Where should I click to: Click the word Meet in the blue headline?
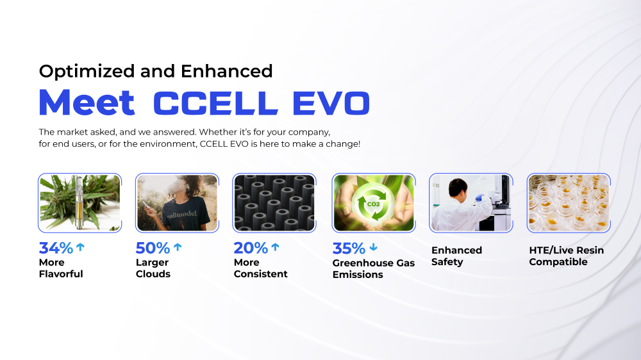coord(87,102)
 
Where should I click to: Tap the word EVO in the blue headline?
coord(331,103)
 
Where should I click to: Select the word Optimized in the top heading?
coord(87,72)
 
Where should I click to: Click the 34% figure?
coord(56,248)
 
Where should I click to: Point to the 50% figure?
coord(153,248)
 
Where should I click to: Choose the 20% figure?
coord(251,248)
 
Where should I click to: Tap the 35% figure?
coord(349,249)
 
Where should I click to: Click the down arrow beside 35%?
coord(374,247)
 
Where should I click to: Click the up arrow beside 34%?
coord(81,247)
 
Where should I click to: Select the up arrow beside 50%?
coord(178,247)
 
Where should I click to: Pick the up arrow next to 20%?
coord(276,247)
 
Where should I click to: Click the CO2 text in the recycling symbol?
coord(373,204)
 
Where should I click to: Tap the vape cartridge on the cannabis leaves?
coord(79,202)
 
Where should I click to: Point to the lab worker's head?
coord(458,188)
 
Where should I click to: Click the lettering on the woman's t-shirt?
coord(182,214)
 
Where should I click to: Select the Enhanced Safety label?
coord(456,256)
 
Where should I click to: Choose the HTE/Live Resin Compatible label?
coord(566,256)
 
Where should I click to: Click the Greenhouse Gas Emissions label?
coord(374,268)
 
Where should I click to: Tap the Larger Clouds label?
coord(153,268)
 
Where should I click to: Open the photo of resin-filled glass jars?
coord(569,203)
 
